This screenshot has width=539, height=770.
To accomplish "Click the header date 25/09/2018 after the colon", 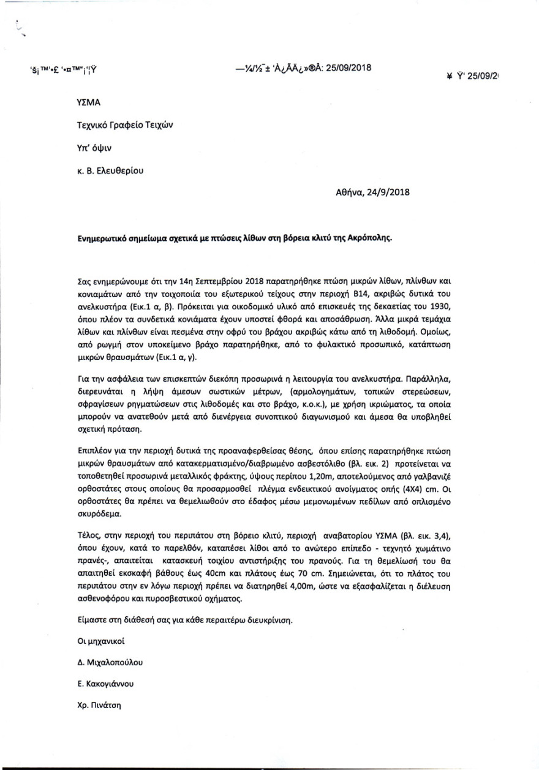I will coord(349,67).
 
